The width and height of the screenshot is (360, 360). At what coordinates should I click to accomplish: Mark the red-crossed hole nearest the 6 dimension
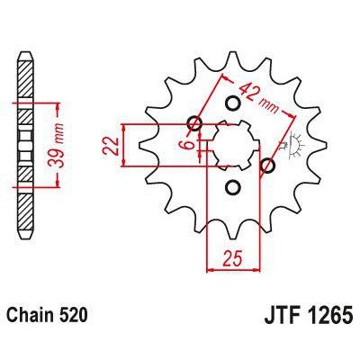[x=193, y=123]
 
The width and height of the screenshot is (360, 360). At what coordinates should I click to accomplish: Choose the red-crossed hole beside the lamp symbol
[x=266, y=166]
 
